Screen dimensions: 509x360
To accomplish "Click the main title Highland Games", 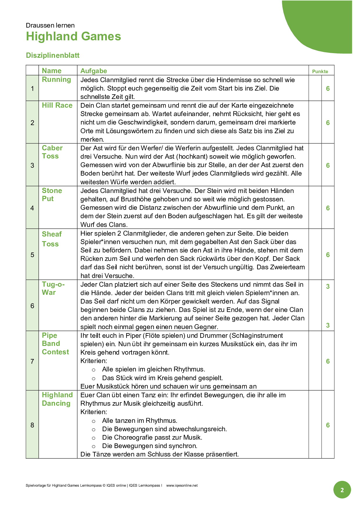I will point(73,37).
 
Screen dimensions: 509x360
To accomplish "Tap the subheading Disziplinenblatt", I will point(53,55).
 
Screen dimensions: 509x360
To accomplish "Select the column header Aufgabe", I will point(93,71).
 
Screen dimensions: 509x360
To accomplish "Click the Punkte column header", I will point(320,71).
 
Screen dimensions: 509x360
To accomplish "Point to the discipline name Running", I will point(56,80).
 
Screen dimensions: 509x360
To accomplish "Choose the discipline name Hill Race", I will point(57,105).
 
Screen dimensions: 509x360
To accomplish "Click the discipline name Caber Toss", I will point(52,152).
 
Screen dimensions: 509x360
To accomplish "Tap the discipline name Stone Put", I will point(52,195).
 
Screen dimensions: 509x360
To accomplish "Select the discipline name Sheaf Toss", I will point(51,239).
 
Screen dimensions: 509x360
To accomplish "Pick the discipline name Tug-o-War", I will point(53,288).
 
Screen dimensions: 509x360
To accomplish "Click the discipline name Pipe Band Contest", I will point(55,344).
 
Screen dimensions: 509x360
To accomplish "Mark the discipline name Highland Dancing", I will point(57,399).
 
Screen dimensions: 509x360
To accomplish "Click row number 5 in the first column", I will point(32,255).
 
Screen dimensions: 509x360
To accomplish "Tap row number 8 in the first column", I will point(32,425).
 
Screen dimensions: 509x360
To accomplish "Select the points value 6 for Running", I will point(328,89).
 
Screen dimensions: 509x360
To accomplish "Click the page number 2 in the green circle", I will point(342,490).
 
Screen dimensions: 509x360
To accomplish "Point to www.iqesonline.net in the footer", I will point(182,485).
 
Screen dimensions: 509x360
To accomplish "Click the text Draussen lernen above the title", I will point(50,26).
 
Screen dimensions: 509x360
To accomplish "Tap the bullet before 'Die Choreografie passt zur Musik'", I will point(93,438).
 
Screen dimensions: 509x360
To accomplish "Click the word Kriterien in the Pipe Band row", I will point(93,361).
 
